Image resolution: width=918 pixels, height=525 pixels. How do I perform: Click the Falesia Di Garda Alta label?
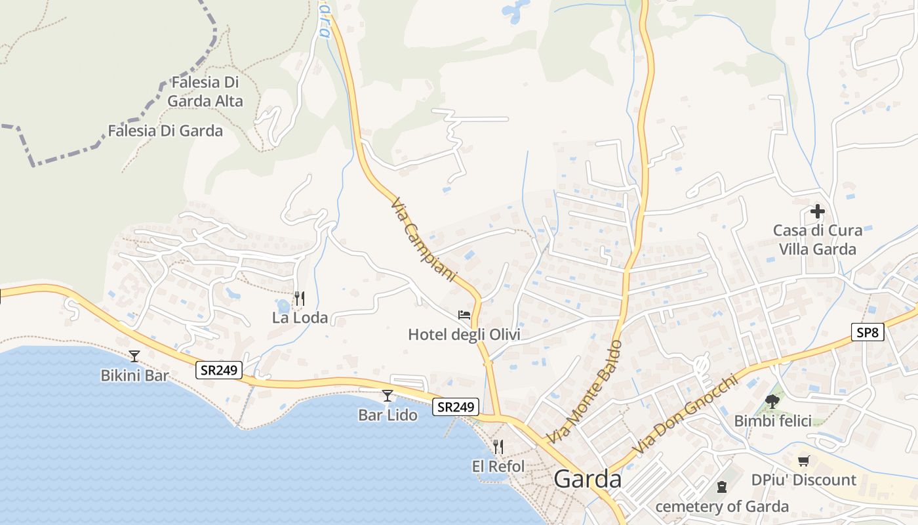205,92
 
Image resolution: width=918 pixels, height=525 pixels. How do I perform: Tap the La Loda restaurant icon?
299,299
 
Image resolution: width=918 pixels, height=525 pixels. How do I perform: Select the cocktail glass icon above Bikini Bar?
134,356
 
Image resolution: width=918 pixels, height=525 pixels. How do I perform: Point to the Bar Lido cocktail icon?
388,396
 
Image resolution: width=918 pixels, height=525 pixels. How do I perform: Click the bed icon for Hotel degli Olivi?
464,316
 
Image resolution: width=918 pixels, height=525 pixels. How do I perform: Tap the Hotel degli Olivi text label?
464,335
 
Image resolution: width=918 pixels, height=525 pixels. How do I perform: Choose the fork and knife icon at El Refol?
498,447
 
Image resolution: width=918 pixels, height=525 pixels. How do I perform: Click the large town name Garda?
588,480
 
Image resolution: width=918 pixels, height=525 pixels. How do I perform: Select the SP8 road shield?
868,332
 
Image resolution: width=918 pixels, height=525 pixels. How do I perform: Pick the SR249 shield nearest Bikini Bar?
219,371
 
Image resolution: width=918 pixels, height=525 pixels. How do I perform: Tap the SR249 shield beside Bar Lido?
456,407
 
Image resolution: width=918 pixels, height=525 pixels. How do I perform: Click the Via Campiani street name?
423,239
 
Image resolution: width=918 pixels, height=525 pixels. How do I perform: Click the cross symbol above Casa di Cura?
817,212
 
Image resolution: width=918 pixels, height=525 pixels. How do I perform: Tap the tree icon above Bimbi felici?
772,401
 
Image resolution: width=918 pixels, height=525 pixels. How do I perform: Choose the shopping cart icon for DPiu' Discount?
804,461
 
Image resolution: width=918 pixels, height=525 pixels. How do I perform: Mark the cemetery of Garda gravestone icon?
722,487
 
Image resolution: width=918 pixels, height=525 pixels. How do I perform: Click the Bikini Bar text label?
134,376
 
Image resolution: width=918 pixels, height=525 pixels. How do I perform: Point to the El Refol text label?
498,467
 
